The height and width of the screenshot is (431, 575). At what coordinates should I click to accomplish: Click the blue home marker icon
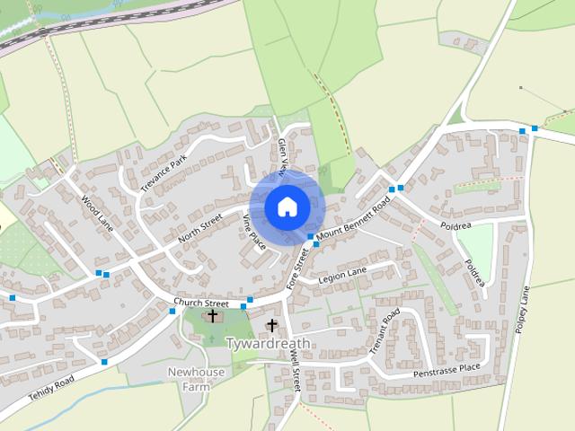point(286,207)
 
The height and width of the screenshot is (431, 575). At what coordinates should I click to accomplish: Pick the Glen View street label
point(283,155)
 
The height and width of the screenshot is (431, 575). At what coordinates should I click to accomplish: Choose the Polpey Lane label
point(522,311)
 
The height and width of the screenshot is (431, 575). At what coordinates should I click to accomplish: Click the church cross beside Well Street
point(272,325)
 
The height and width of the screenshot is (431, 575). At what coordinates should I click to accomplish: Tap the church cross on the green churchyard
point(213,315)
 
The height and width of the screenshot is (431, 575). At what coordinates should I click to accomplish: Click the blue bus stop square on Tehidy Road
point(104,362)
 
